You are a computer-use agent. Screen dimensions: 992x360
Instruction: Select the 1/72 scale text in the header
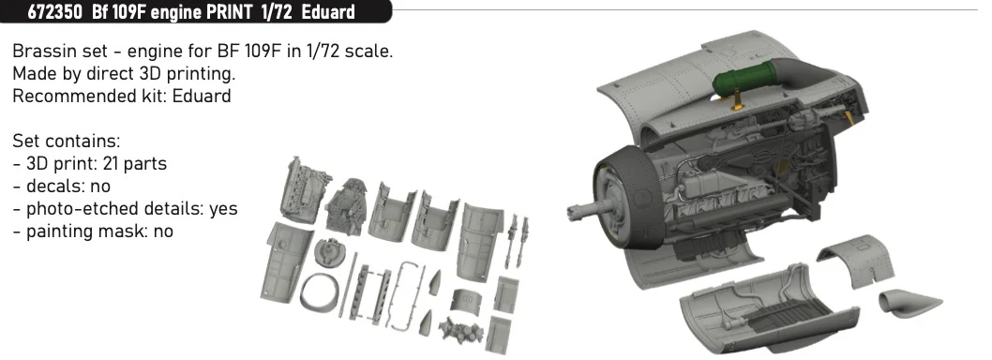(x=276, y=12)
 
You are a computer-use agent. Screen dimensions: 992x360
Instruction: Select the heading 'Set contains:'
(x=67, y=141)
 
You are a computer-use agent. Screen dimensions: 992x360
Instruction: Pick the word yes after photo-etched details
(x=223, y=209)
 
